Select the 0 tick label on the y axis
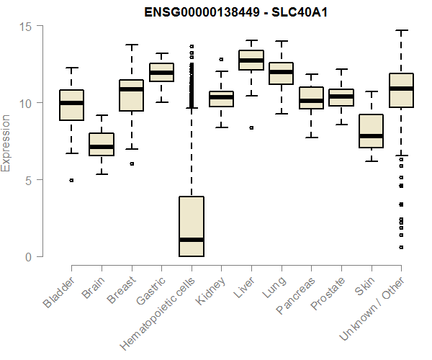pos(29,257)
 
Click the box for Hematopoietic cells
pos(191,226)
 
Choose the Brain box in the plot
pos(102,144)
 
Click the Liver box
pos(251,60)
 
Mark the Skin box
pos(371,130)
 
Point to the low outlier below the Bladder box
pos(71,180)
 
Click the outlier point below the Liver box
pos(251,127)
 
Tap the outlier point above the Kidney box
pos(221,60)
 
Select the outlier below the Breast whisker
pos(131,163)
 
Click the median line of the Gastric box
pos(161,73)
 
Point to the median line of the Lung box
pos(281,72)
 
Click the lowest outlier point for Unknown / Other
pos(401,247)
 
